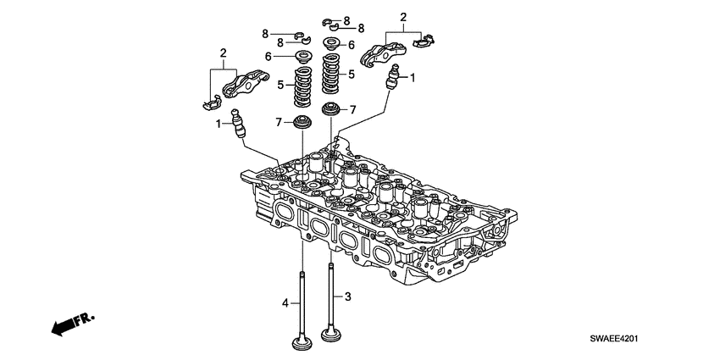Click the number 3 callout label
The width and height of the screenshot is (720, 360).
[347, 296]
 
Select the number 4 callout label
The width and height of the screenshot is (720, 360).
[285, 302]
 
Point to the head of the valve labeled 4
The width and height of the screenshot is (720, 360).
[302, 344]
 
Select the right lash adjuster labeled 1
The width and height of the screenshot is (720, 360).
[392, 83]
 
